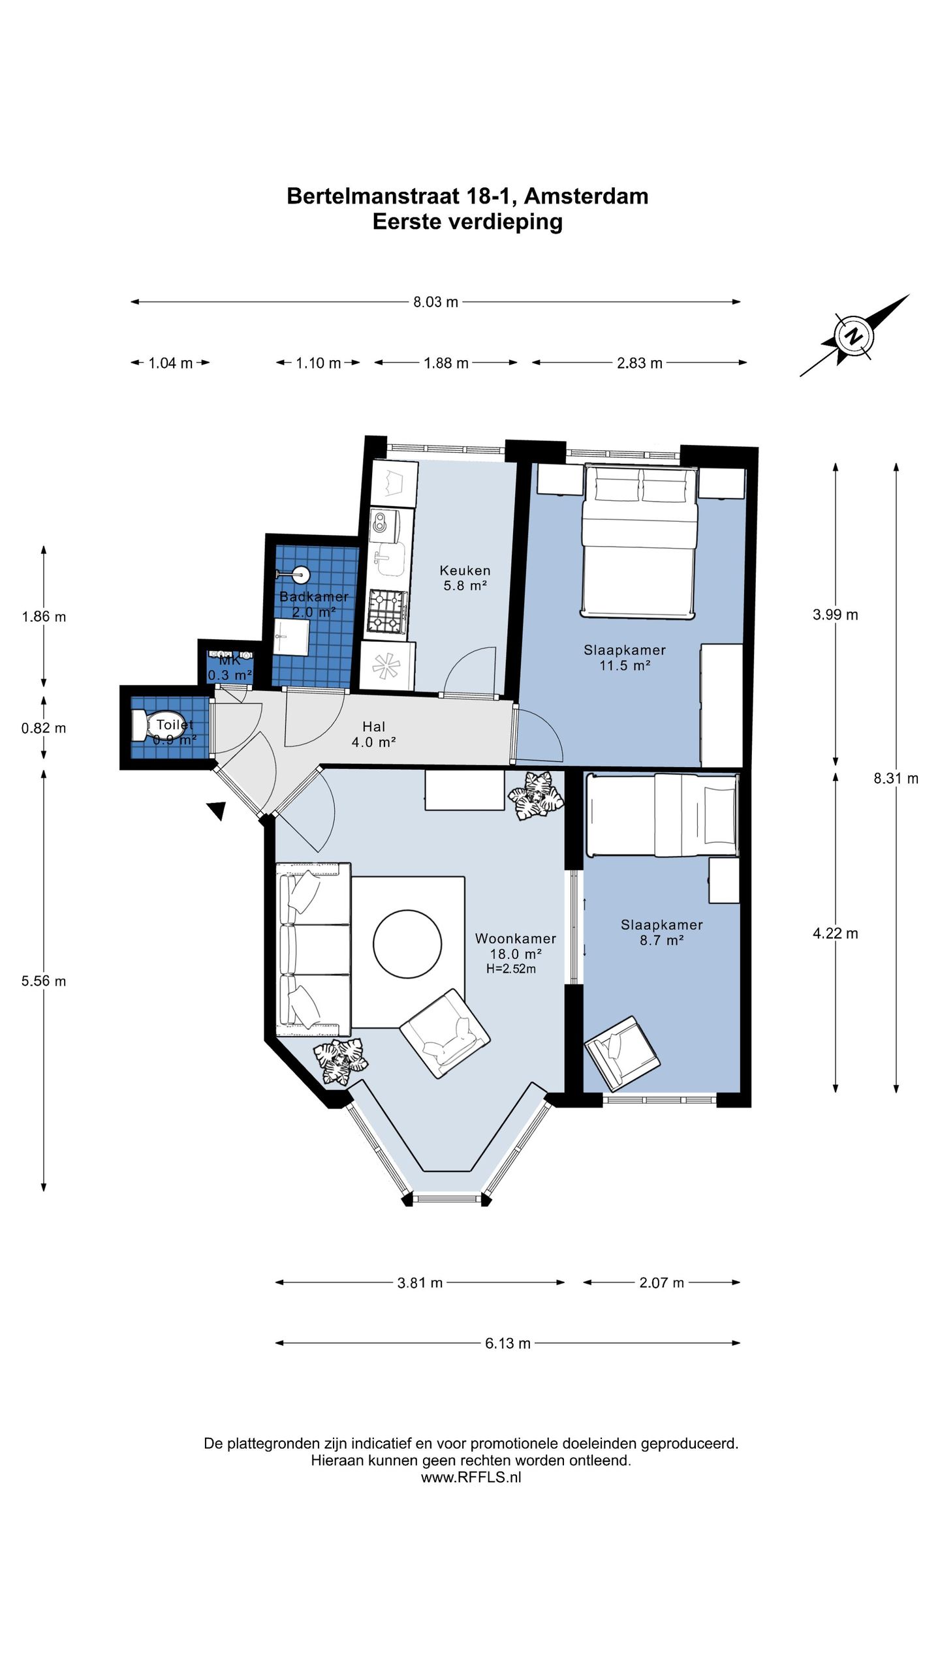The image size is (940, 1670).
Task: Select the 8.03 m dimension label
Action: [435, 302]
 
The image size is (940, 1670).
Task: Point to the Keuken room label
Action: [465, 570]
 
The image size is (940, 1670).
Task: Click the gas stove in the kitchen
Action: [387, 611]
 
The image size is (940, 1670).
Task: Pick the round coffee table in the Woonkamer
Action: [407, 943]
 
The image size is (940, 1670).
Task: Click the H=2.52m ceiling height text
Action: [511, 969]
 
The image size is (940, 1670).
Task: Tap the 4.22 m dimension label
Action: [835, 934]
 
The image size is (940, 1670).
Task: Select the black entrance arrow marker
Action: [217, 810]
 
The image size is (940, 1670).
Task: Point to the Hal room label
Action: [374, 726]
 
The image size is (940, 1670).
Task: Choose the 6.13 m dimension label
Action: [507, 1343]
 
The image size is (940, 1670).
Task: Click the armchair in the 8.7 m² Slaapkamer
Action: [621, 1053]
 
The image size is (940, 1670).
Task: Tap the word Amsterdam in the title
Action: [586, 196]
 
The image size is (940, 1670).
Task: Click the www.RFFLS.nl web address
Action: [471, 1478]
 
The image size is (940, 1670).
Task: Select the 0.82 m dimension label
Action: [44, 728]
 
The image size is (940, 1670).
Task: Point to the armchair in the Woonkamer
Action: [445, 1033]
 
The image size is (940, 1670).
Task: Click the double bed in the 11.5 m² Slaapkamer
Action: [639, 541]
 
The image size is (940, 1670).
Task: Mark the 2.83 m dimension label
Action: [639, 363]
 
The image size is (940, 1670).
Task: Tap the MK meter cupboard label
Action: [230, 660]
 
